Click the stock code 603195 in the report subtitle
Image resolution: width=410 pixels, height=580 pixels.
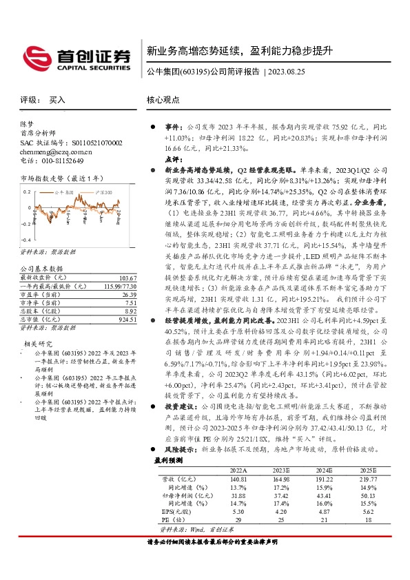(192, 71)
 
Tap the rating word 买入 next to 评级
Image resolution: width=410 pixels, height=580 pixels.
(57, 100)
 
